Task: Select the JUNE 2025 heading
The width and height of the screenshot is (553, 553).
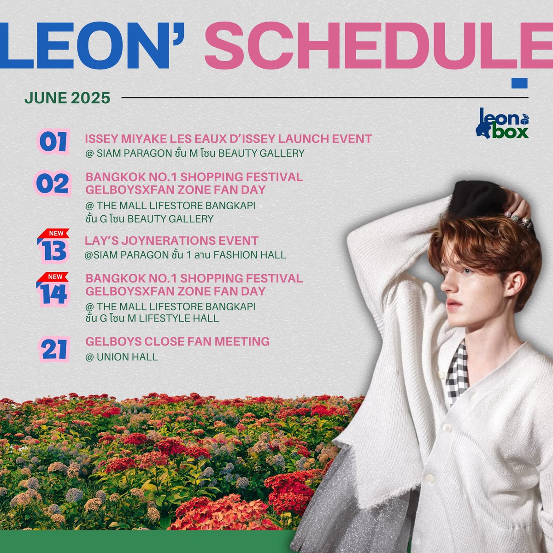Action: (67, 98)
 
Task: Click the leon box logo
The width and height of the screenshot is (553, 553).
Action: (503, 124)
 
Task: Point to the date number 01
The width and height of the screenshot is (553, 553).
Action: (53, 142)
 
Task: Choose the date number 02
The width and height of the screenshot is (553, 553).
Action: (53, 183)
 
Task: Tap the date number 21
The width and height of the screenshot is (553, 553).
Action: (54, 349)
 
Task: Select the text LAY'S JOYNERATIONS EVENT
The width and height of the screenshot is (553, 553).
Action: (171, 241)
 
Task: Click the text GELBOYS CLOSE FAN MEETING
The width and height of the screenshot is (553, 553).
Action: (177, 341)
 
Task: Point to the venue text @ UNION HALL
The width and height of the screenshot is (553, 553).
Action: (121, 357)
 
